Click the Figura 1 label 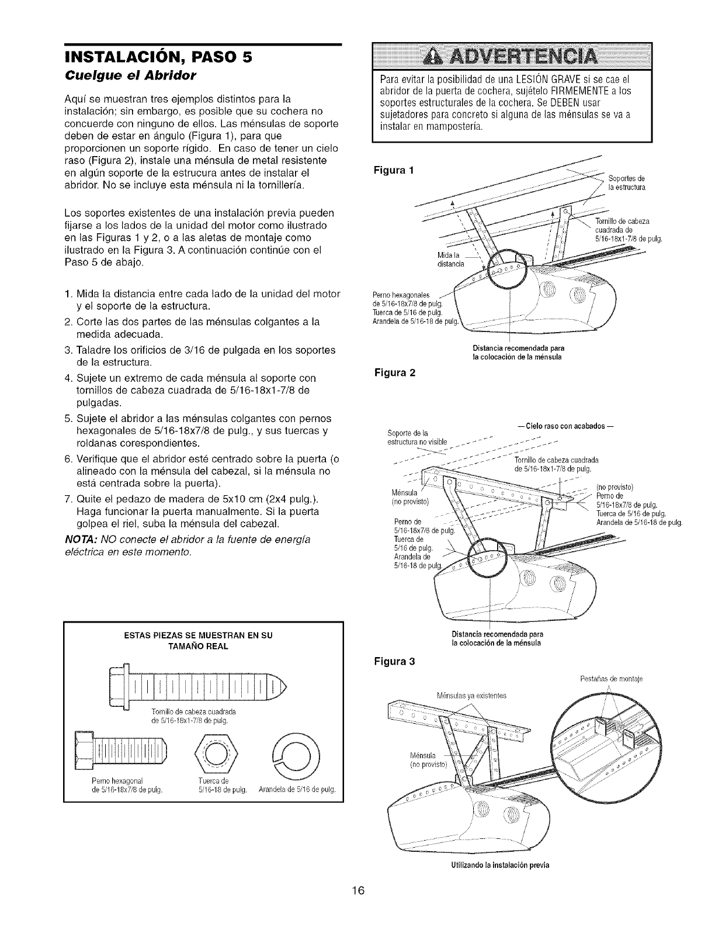[397, 171]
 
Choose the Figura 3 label [397, 662]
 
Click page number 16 [357, 891]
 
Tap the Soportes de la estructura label [626, 182]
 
